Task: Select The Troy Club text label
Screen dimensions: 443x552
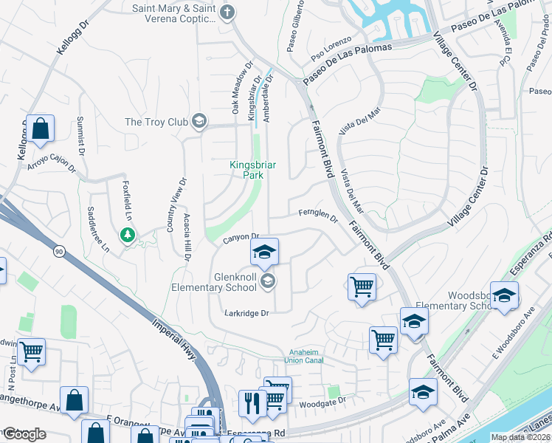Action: [156, 122]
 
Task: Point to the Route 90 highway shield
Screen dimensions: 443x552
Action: [57, 252]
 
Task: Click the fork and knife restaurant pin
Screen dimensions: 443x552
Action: [251, 403]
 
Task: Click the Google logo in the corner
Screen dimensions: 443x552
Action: [24, 434]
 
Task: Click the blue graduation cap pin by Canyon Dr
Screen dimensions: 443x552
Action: [264, 253]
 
